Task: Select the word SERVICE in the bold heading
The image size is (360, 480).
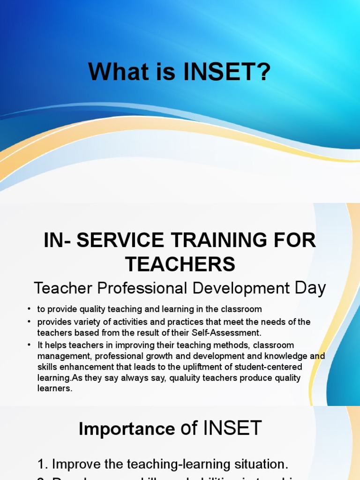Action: [x=122, y=241]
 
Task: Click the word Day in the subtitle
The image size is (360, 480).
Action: [x=310, y=288]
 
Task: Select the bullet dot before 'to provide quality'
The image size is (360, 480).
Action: [x=29, y=309]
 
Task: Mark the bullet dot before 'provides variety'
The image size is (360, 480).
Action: [x=29, y=322]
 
